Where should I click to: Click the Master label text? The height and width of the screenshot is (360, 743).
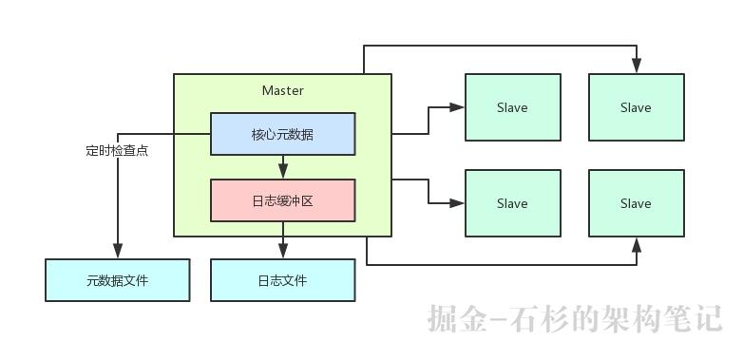click(x=282, y=90)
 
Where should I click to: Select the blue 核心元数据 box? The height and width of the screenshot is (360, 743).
click(x=282, y=134)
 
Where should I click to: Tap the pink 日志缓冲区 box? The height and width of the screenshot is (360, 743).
click(x=282, y=200)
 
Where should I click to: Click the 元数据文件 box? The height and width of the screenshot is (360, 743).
click(x=117, y=280)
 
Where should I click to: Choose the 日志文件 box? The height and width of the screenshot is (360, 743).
click(x=282, y=280)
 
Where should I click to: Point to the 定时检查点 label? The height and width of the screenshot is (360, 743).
click(x=116, y=150)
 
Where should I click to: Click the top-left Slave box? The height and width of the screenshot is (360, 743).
click(x=512, y=107)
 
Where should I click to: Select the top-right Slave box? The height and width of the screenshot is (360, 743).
click(x=636, y=107)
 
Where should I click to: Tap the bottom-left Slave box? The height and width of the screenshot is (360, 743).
click(x=512, y=203)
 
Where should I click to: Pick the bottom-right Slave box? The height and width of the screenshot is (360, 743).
click(x=636, y=203)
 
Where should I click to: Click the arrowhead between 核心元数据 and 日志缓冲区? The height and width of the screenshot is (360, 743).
click(x=282, y=173)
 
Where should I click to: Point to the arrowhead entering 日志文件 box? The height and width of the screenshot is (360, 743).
click(x=282, y=252)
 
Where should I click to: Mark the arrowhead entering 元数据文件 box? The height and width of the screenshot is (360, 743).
click(x=117, y=252)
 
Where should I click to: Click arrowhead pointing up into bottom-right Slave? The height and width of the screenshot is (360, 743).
click(x=636, y=244)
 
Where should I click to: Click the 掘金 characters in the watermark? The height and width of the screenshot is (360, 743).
click(x=454, y=318)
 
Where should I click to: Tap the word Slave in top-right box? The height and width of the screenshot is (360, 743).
click(x=636, y=107)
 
